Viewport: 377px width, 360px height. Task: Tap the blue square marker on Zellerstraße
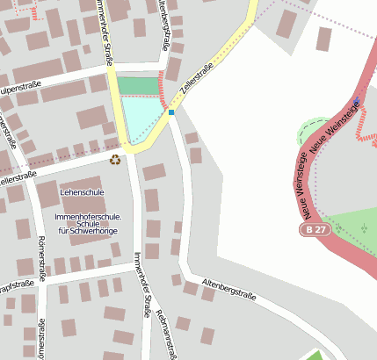point(171,112)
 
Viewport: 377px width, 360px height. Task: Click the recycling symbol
point(115,159)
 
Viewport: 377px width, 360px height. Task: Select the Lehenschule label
point(82,191)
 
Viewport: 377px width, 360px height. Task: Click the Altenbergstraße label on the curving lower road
point(228,288)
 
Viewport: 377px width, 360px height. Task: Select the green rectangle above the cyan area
point(137,85)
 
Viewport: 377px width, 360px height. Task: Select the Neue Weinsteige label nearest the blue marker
point(335,127)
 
